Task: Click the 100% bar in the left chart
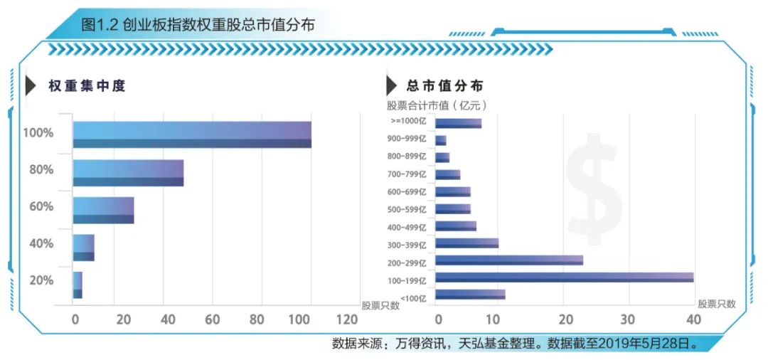tap(192, 134)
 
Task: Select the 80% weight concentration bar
tap(128, 172)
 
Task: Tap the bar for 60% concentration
tap(103, 210)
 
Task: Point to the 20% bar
tap(78, 285)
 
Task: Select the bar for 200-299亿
tap(508, 260)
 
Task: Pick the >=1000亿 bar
tap(458, 123)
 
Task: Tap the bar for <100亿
tap(470, 294)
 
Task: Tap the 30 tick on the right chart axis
tap(628, 319)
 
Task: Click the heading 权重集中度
tap(87, 86)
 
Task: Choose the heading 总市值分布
tap(445, 86)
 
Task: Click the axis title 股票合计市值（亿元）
tap(437, 105)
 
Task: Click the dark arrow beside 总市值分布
tap(391, 86)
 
